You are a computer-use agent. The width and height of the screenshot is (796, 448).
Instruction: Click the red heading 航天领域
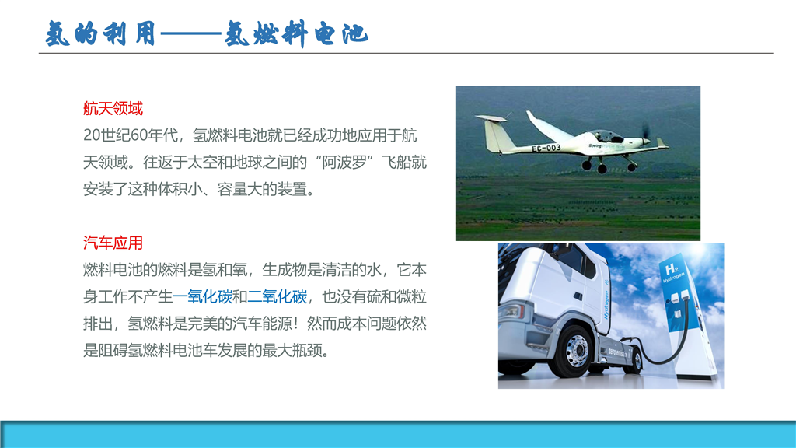point(113,108)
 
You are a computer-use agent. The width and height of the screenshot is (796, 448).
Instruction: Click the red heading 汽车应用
point(113,243)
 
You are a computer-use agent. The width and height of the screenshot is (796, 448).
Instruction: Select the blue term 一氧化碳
point(203,296)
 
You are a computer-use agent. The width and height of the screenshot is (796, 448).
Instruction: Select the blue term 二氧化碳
point(278,296)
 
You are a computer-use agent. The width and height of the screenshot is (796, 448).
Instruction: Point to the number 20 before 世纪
point(92,135)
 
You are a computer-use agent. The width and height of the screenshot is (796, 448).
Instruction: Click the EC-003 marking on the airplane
point(546,148)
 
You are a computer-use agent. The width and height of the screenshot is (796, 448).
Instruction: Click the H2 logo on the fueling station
point(671,270)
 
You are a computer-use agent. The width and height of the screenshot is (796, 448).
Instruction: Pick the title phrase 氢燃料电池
point(296,34)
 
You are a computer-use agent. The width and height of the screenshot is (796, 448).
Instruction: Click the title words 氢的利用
point(100,34)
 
